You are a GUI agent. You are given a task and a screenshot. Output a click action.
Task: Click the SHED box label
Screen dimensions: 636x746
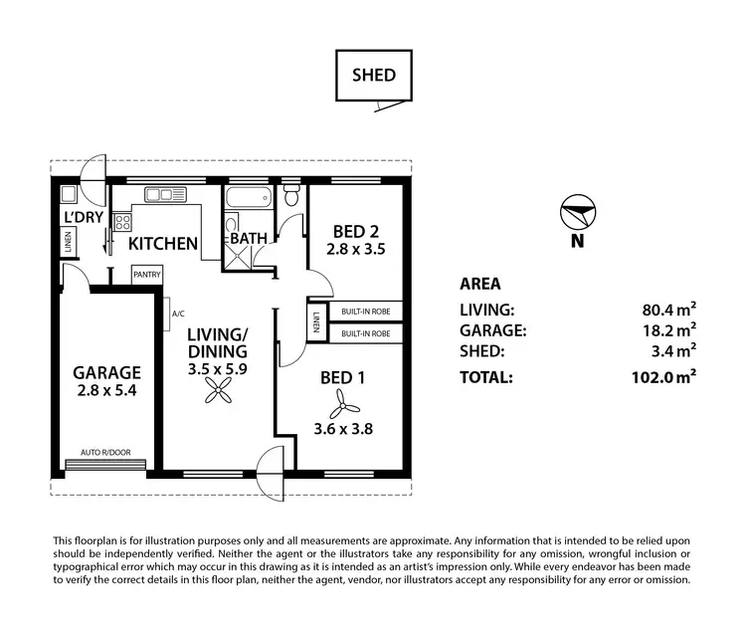click(373, 75)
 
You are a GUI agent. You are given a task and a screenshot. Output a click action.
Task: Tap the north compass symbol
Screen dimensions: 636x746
click(577, 213)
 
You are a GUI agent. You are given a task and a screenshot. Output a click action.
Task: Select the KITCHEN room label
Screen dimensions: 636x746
click(162, 243)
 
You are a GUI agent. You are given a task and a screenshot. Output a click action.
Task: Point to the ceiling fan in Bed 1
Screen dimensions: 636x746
click(340, 402)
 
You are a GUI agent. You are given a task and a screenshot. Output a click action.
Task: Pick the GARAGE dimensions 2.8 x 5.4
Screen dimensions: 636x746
click(107, 392)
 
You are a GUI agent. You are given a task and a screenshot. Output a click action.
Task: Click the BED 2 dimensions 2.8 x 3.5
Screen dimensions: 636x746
click(355, 249)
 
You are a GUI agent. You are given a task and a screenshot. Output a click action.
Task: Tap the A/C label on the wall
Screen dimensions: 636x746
click(178, 314)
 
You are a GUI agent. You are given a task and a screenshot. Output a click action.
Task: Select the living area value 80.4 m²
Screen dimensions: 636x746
click(668, 310)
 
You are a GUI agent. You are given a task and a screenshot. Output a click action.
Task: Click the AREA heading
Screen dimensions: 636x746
click(480, 284)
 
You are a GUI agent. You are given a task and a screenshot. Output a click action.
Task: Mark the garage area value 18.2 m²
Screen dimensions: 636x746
click(668, 330)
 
